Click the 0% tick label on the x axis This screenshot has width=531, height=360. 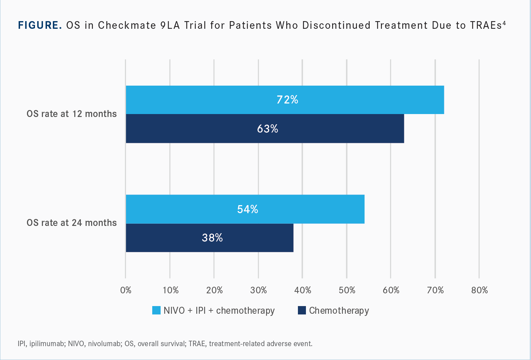pos(126,290)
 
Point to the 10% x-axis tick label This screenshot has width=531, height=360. pos(170,290)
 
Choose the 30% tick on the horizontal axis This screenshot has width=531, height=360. pos(259,290)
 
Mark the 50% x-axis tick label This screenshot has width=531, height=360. pos(347,290)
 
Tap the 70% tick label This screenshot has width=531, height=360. pos(435,290)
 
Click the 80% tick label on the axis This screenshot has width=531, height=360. pos(480,290)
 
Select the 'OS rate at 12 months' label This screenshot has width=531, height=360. pos(72,114)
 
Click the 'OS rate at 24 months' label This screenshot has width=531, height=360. pos(72,223)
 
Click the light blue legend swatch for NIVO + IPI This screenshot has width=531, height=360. pos(156,310)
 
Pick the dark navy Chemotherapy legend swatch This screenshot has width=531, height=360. pos(302,310)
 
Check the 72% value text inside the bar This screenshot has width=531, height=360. pos(287,100)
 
